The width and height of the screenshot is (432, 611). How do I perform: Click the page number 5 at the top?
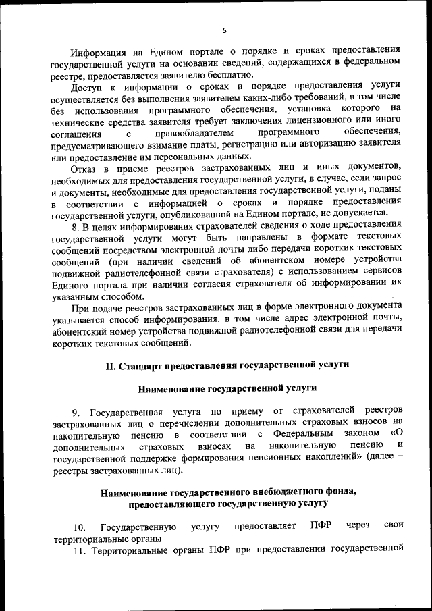[224, 29]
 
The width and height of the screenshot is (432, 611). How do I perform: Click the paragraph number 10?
[79, 527]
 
